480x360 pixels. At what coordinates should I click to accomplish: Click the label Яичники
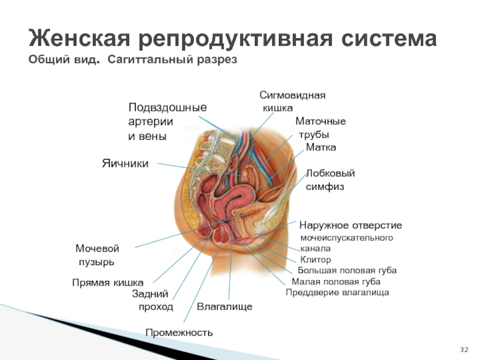pos(124,163)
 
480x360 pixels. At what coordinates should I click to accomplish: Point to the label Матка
pos(321,148)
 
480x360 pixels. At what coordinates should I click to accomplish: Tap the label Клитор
pos(316,260)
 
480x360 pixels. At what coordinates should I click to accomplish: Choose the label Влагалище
pos(224,307)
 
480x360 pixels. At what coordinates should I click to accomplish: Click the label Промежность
pos(179,332)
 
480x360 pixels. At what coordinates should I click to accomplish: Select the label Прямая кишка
pos(107,282)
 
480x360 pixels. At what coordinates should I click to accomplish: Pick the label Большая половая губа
pos(347,271)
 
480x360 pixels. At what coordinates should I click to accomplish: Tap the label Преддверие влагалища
pos(337,292)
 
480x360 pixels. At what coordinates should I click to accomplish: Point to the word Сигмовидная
pos(292,96)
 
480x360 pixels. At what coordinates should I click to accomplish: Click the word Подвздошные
pos(167,107)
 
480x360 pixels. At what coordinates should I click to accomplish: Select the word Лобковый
pos(331,173)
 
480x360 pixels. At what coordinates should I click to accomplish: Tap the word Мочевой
pos(97,248)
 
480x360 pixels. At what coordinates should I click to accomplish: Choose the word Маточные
pos(321,122)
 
